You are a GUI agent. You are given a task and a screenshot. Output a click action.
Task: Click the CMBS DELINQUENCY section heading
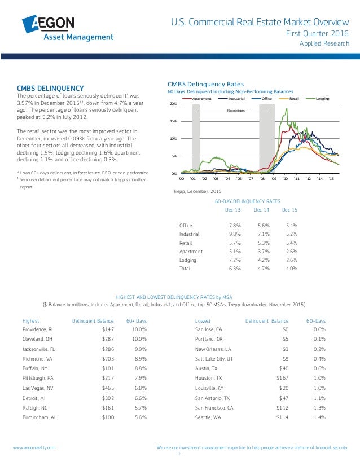[x=50, y=88]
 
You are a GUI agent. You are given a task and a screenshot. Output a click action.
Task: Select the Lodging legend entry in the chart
[x=322, y=99]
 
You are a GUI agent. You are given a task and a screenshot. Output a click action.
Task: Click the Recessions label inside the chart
[x=236, y=111]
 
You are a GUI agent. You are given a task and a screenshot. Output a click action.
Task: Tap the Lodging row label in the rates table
[x=187, y=260]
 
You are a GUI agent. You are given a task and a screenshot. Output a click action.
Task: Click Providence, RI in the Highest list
[x=38, y=328]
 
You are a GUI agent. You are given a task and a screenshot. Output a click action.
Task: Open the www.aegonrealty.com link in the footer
[x=34, y=447]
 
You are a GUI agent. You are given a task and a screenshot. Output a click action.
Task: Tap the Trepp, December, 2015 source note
[x=194, y=192]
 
